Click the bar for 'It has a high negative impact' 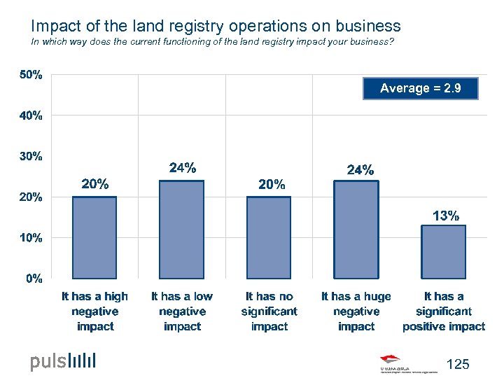(x=94, y=237)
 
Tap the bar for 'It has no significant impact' (x=269, y=237)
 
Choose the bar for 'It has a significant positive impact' (x=443, y=251)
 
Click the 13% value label (x=446, y=216)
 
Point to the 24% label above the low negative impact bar (x=183, y=168)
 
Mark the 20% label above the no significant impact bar (x=272, y=185)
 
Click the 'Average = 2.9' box (x=421, y=88)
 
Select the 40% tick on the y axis (x=30, y=116)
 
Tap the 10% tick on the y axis (x=30, y=238)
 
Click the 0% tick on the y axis (x=34, y=279)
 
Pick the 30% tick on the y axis (x=30, y=157)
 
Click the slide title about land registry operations (x=216, y=26)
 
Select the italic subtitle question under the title (x=212, y=43)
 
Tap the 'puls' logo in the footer (x=63, y=361)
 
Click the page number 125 (x=457, y=364)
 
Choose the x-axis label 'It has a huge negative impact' (x=356, y=311)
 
